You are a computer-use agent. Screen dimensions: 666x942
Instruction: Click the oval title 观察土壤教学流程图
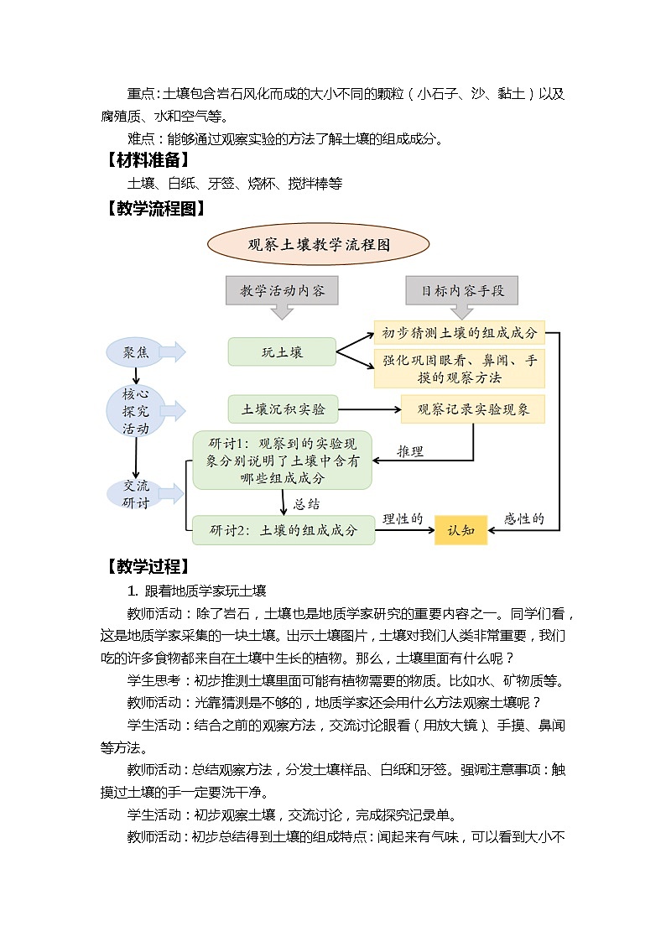tap(319, 245)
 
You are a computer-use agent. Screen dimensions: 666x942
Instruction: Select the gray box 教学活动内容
tap(282, 291)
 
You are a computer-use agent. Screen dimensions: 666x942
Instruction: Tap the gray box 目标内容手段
tap(462, 291)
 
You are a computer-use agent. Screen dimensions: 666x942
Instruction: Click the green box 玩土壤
tap(282, 352)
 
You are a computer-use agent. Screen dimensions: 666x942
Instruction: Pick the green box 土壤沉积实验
tap(283, 409)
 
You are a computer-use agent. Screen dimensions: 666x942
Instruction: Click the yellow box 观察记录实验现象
tap(472, 409)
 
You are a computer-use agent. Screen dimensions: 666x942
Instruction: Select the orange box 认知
tap(460, 530)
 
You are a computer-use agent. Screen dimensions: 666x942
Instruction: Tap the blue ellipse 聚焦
tap(135, 352)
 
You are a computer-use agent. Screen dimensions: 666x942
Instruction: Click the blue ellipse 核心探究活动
tap(135, 410)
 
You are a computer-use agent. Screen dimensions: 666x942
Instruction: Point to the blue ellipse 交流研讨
tap(135, 494)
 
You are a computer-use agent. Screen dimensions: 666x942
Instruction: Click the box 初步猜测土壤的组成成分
tap(459, 332)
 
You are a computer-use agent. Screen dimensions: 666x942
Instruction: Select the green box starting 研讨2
tap(283, 530)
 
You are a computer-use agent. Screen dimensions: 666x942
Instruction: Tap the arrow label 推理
tap(410, 451)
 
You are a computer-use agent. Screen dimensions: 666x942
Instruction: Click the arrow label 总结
tap(306, 504)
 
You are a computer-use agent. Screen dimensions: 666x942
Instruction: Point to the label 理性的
tap(403, 519)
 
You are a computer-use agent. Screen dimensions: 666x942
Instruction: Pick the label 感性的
tap(524, 519)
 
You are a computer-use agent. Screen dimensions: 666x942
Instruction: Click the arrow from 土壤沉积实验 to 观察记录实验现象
tap(369, 409)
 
